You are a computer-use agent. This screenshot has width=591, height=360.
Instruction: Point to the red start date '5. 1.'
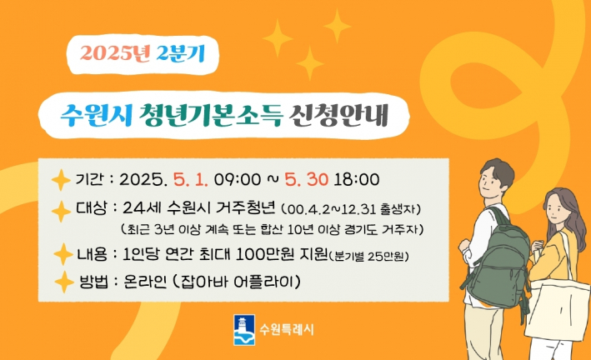[192, 178]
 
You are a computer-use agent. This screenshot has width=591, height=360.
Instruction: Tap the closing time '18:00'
[357, 178]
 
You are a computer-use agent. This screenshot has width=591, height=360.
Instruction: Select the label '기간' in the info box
[89, 179]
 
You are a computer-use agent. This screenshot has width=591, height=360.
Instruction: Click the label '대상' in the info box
[90, 208]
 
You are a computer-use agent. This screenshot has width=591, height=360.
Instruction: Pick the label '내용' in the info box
[90, 254]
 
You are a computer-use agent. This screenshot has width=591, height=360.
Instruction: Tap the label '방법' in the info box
[90, 282]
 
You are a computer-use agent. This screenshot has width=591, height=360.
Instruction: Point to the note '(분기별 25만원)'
[369, 255]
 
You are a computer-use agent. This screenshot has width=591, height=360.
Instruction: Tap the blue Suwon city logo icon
[244, 327]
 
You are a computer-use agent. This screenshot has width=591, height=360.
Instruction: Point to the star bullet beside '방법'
[63, 282]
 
